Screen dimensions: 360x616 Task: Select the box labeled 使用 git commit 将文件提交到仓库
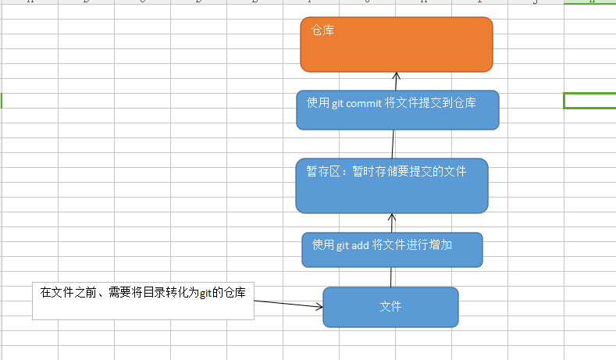(397, 110)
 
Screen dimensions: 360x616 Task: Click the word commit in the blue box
(365, 102)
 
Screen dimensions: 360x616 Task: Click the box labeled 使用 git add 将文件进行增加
(392, 250)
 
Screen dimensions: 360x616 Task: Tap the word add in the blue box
(359, 245)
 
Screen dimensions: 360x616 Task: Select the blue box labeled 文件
(390, 307)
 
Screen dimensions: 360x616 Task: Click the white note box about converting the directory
(143, 301)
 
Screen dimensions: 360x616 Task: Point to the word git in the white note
(205, 293)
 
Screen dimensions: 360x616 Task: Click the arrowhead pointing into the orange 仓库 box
(396, 76)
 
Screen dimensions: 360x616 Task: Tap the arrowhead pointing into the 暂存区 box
(392, 217)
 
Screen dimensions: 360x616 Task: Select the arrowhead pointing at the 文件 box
(319, 307)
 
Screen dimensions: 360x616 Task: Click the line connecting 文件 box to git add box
(391, 277)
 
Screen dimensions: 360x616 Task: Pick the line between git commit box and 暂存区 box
(393, 144)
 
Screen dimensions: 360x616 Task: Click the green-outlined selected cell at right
(589, 100)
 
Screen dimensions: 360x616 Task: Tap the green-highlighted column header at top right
(589, 2)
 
